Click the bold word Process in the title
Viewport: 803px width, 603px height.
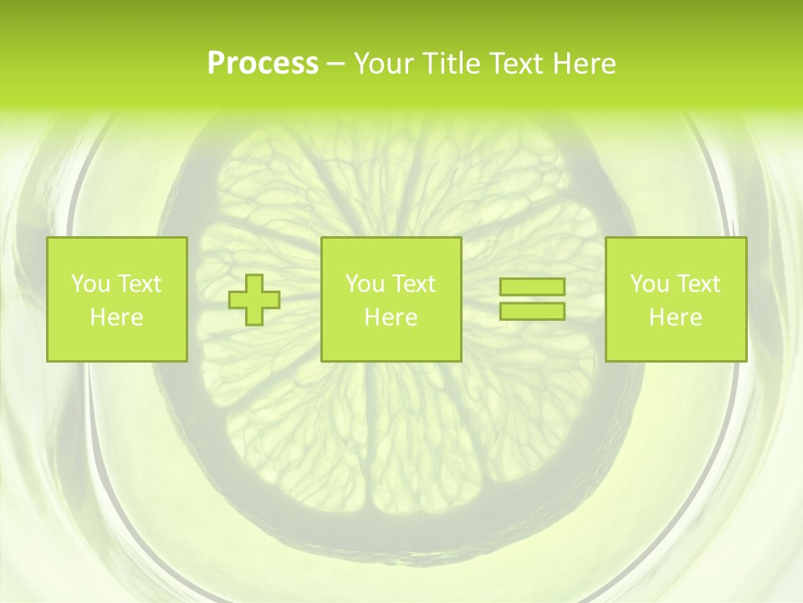point(263,64)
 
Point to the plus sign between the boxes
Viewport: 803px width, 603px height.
point(255,300)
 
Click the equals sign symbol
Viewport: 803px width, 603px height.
point(532,299)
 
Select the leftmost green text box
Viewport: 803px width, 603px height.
point(116,299)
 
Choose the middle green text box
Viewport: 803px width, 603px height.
point(391,299)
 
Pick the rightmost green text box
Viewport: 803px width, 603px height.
point(675,299)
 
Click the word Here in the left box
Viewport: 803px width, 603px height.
point(116,317)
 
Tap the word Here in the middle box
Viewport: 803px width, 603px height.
point(391,317)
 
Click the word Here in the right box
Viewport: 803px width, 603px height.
point(675,317)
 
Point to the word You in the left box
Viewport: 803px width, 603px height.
point(91,284)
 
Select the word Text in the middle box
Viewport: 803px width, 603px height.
point(413,284)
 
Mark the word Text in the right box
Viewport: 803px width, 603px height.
point(698,284)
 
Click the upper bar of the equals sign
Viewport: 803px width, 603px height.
point(532,287)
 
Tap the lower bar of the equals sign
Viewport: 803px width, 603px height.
point(532,311)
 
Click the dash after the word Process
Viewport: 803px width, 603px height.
point(335,64)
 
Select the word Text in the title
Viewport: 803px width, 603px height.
point(514,64)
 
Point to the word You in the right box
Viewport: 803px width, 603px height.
point(650,284)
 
